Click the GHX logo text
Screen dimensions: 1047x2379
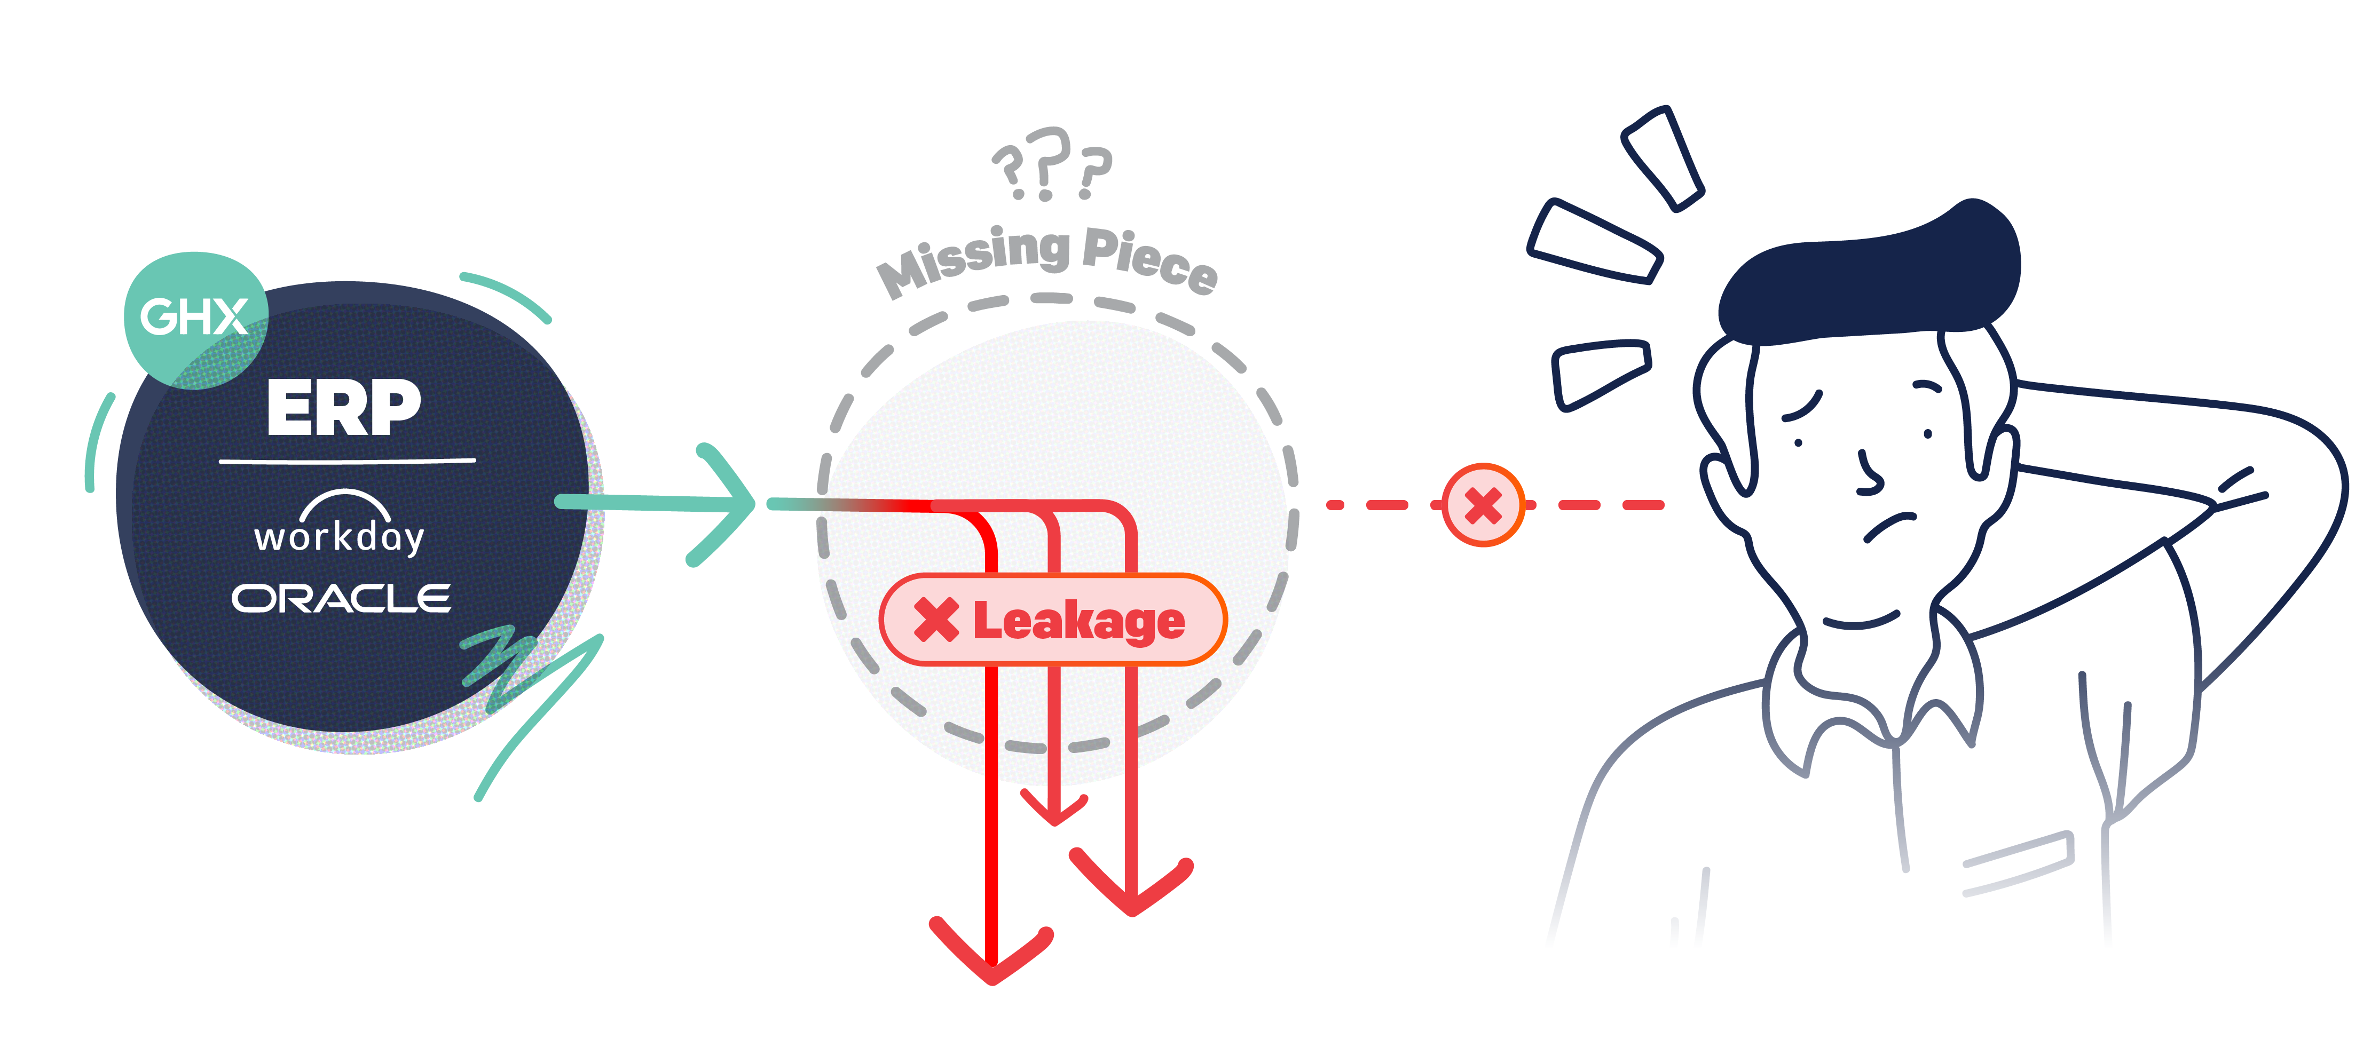click(194, 316)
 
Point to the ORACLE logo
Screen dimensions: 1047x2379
click(341, 598)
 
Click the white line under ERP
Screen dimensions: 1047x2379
click(347, 460)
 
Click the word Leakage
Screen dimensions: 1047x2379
click(1078, 621)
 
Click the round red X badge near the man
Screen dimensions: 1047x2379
click(1482, 505)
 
